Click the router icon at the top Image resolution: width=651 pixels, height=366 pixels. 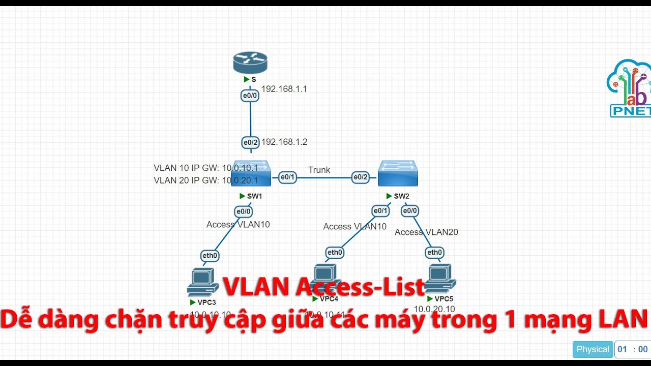[x=250, y=63]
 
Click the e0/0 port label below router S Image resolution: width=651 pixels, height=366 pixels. [x=250, y=95]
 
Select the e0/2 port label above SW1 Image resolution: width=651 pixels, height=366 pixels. [x=250, y=143]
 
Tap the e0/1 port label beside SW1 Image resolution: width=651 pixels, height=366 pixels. [x=287, y=177]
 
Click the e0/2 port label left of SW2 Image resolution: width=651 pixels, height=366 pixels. [x=360, y=177]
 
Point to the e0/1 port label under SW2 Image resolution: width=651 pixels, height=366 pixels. [x=380, y=211]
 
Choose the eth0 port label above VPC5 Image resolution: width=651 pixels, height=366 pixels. [x=434, y=253]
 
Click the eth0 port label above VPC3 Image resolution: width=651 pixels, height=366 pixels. [x=210, y=256]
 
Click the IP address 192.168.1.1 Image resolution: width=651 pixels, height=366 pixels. [x=284, y=89]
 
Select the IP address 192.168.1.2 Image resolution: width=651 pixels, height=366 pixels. [x=284, y=142]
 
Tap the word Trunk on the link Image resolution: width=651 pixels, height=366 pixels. [x=319, y=170]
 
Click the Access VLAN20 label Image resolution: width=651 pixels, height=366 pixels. [x=426, y=232]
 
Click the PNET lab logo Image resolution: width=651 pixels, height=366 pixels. [x=630, y=89]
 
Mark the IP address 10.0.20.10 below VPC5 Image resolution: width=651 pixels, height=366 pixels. [x=434, y=309]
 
